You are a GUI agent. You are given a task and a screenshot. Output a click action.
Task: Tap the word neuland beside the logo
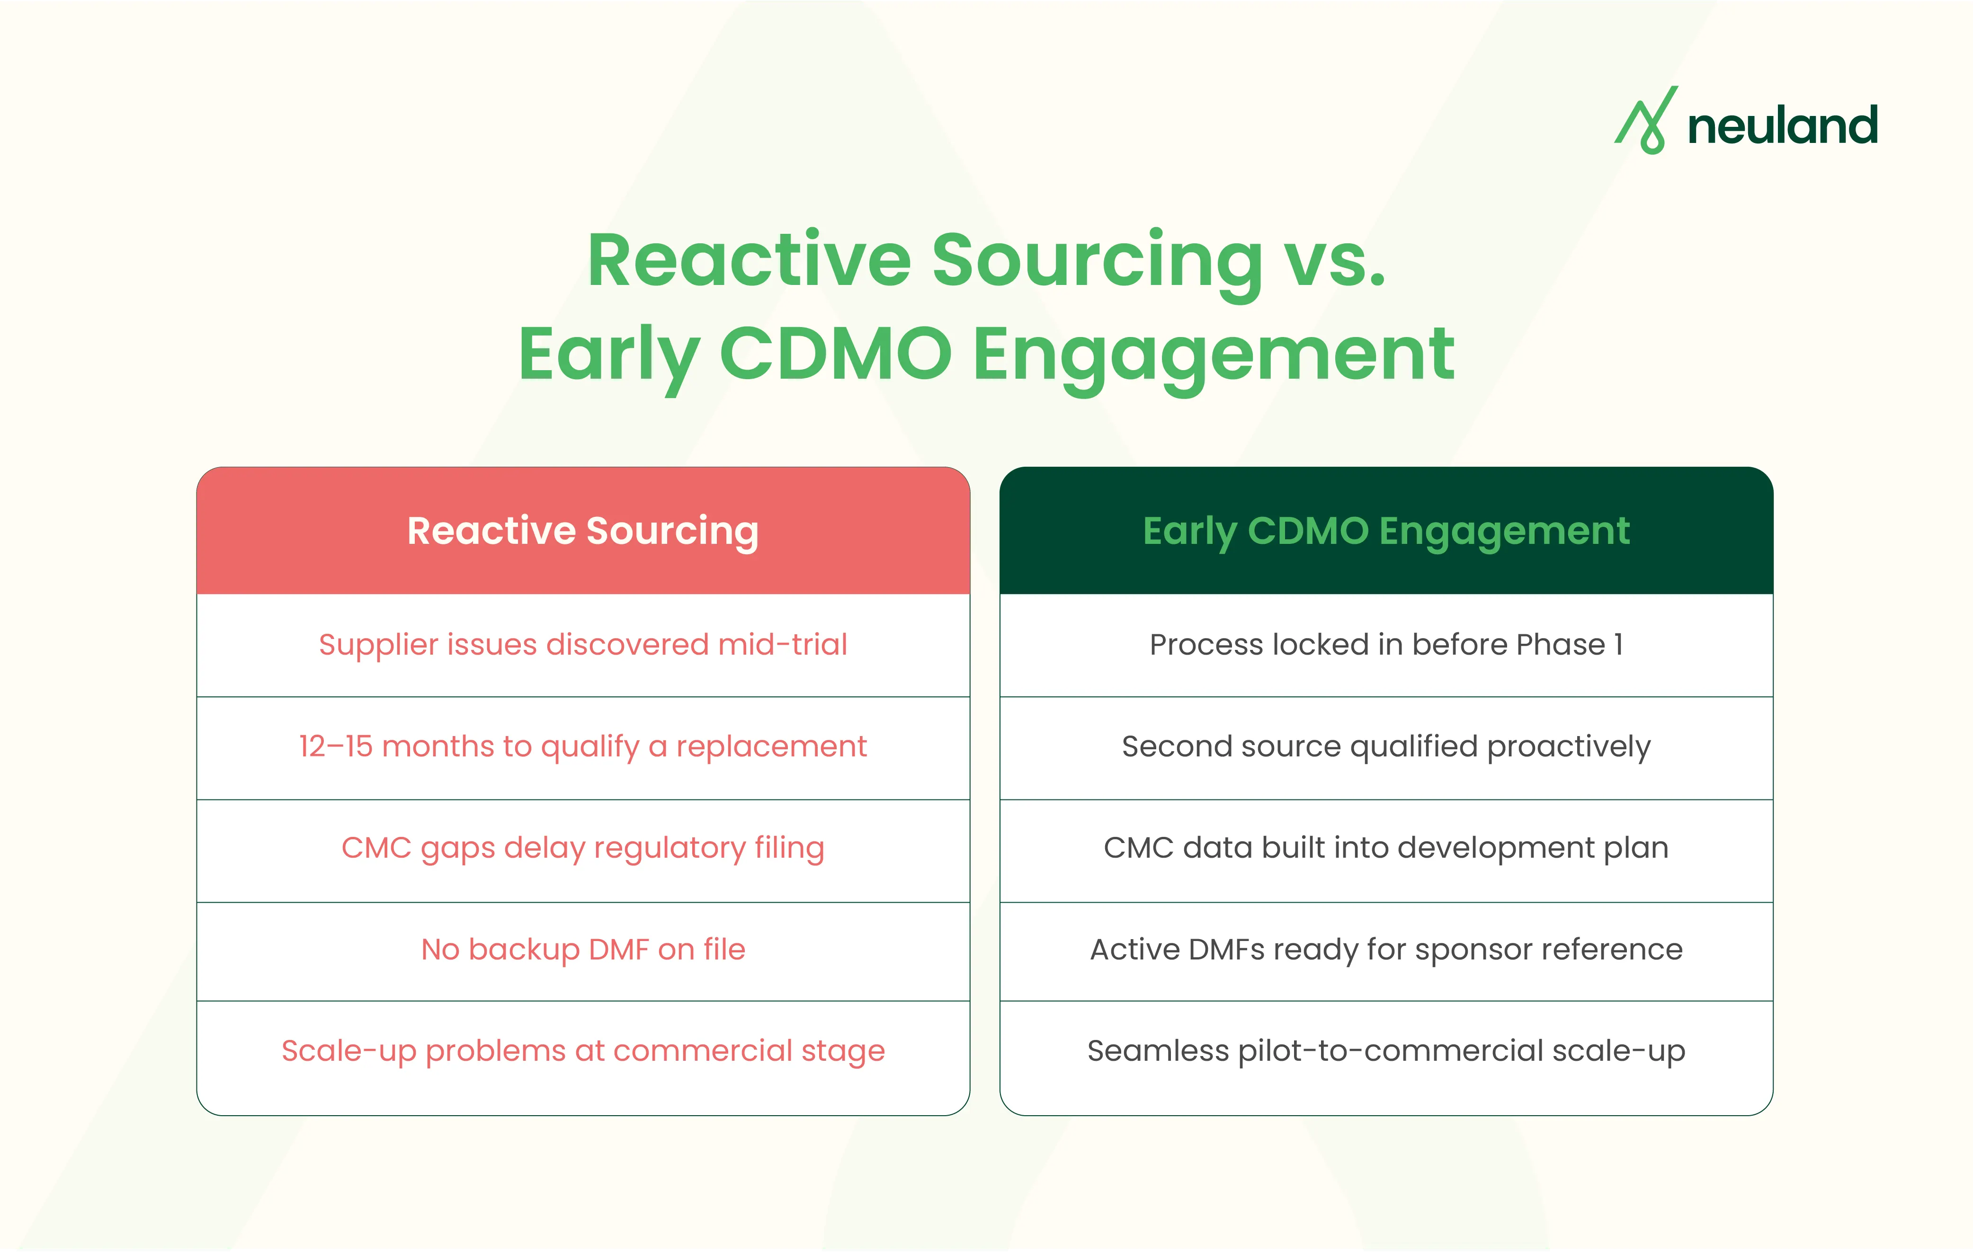pos(1782,126)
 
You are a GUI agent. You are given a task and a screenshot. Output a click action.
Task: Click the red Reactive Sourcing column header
pos(582,531)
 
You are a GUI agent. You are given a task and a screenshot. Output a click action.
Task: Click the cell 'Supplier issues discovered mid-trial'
pos(582,645)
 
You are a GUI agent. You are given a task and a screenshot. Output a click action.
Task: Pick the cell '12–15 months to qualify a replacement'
pos(582,746)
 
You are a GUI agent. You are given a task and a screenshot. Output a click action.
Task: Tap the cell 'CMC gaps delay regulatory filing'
pos(582,848)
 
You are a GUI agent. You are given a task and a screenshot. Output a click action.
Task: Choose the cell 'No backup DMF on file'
pos(582,950)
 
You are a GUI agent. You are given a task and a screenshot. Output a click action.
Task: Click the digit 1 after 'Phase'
pos(1618,645)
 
